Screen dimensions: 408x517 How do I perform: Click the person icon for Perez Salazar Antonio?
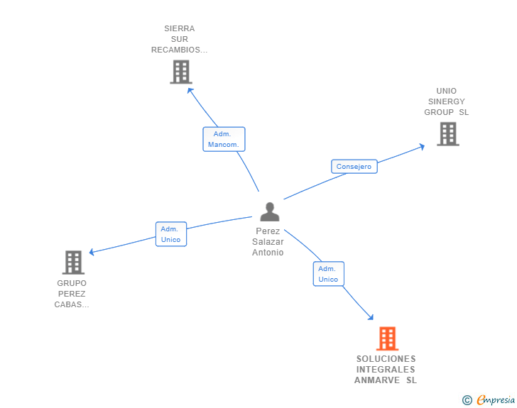pyautogui.click(x=269, y=212)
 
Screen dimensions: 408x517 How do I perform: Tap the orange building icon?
pyautogui.click(x=387, y=338)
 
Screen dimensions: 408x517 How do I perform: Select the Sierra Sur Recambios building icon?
pyautogui.click(x=181, y=72)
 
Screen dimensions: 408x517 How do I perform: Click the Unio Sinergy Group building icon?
pyautogui.click(x=447, y=133)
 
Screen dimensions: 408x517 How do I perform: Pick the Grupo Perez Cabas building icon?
pyautogui.click(x=73, y=263)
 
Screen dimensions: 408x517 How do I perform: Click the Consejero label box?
pyautogui.click(x=354, y=166)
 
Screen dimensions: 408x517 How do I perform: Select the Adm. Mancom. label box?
pyautogui.click(x=224, y=139)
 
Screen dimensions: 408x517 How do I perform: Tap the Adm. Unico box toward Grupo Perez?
pyautogui.click(x=171, y=234)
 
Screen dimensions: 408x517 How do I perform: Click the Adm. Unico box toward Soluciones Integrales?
pyautogui.click(x=328, y=274)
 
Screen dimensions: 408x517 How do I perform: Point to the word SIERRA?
pyautogui.click(x=179, y=29)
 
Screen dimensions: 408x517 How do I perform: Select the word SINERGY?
pyautogui.click(x=446, y=101)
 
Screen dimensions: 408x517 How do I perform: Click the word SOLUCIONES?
pyautogui.click(x=386, y=359)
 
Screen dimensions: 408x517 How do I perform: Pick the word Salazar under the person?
pyautogui.click(x=267, y=242)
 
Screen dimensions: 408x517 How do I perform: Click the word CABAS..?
pyautogui.click(x=71, y=305)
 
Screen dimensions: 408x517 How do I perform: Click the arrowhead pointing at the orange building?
pyautogui.click(x=369, y=316)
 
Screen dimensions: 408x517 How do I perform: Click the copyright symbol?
pyautogui.click(x=467, y=401)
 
